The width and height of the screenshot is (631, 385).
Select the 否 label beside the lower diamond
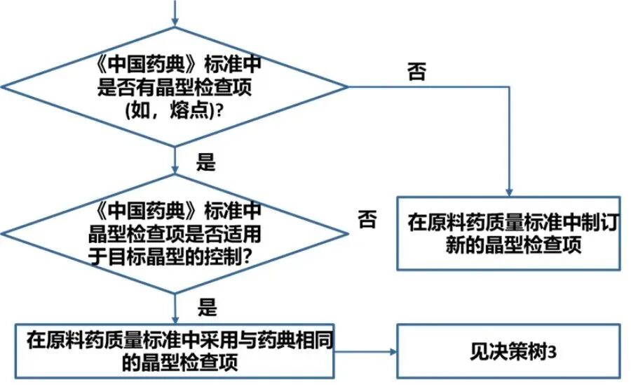click(x=367, y=220)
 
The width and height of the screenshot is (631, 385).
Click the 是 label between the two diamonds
click(x=205, y=164)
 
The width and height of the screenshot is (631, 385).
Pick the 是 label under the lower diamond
click(x=208, y=308)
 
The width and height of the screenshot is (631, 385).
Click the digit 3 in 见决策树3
click(x=553, y=351)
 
